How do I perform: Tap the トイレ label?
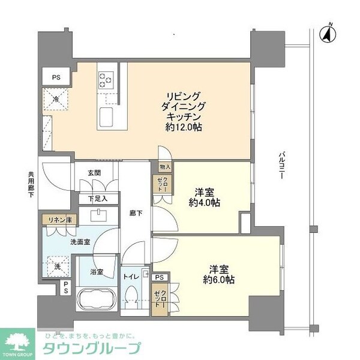click(132, 277)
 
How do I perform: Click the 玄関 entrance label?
click(95, 173)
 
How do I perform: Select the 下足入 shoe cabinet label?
click(97, 199)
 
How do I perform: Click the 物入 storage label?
click(165, 167)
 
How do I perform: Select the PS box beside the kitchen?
click(55, 77)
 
